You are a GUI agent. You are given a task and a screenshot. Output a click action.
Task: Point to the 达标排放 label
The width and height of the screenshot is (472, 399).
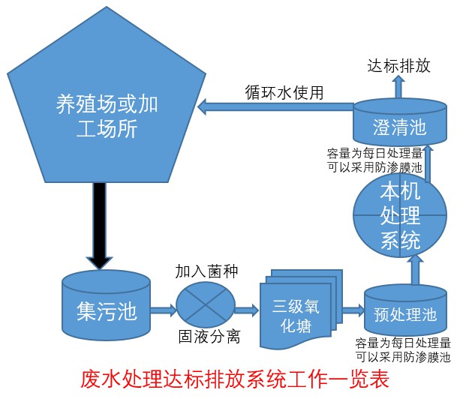pos(398,66)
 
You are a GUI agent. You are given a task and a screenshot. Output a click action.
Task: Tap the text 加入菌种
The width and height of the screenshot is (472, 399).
pos(206,271)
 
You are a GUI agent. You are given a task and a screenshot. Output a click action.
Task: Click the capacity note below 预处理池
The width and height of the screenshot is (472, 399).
pos(404,349)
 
